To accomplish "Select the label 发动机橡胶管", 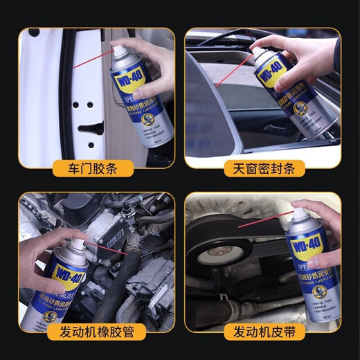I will [95, 332].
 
